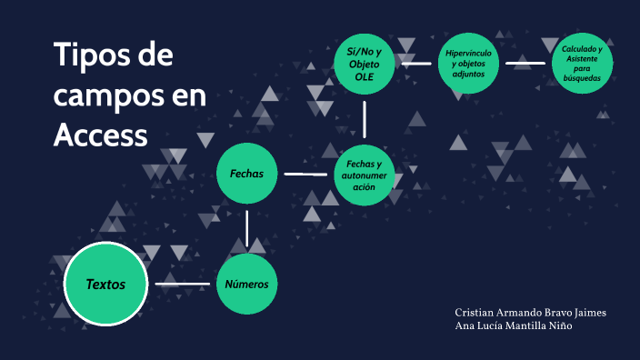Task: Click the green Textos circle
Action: click(x=105, y=285)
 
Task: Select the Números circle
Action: click(x=246, y=285)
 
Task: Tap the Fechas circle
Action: click(x=246, y=173)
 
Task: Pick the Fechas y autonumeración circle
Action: click(x=365, y=174)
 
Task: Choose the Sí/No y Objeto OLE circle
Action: click(x=364, y=64)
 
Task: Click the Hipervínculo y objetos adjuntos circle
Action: click(x=469, y=64)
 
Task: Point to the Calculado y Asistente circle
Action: click(x=581, y=64)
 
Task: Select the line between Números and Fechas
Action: click(x=246, y=228)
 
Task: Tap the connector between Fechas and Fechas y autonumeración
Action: click(x=305, y=174)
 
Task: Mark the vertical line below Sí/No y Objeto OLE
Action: click(x=364, y=118)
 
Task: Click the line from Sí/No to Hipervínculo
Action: click(x=416, y=64)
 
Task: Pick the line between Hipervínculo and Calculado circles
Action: click(x=525, y=64)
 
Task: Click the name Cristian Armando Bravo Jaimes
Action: click(x=530, y=313)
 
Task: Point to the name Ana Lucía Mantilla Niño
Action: click(x=514, y=326)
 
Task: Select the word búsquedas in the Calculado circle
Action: click(x=581, y=78)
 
